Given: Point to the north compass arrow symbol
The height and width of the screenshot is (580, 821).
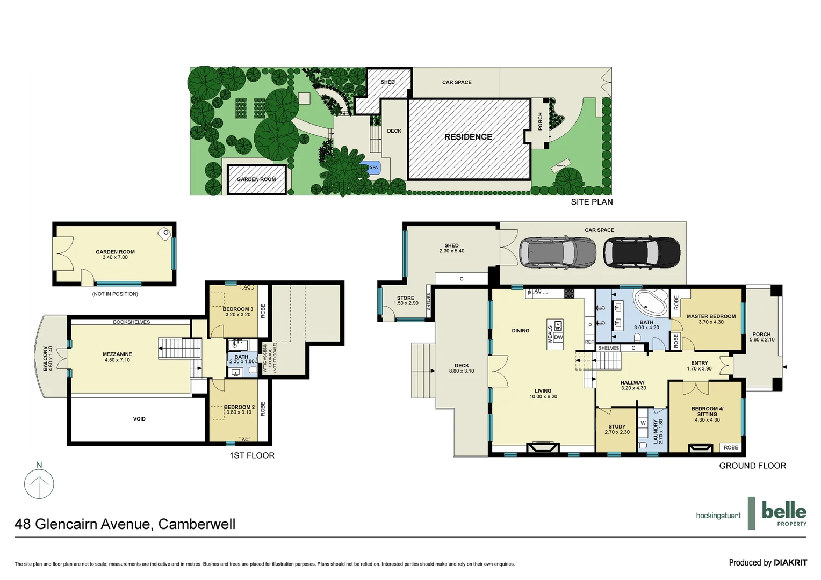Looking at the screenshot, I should [x=39, y=483].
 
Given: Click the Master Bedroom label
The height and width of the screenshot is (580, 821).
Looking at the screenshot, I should [x=711, y=316].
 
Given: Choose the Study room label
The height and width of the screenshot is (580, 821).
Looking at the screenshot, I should [x=617, y=426].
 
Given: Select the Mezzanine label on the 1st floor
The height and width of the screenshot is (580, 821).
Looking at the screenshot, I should [x=117, y=354].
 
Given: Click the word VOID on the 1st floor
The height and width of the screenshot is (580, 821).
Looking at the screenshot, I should [x=139, y=419].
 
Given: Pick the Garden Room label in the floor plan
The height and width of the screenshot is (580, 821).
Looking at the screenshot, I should [x=115, y=252].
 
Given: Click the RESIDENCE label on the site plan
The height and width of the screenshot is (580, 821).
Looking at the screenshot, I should [x=468, y=137].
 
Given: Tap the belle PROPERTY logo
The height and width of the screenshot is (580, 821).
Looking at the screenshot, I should [x=784, y=513].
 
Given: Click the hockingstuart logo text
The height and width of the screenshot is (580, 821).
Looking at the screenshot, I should [x=718, y=516].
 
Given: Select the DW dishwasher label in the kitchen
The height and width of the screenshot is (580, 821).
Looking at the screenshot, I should [x=558, y=337].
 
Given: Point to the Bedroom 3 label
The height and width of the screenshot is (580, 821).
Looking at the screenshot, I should [x=238, y=309].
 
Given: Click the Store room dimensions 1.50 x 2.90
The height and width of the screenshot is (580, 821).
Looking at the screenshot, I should [x=406, y=303].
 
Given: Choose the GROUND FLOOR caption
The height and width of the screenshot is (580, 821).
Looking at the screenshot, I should [x=752, y=466].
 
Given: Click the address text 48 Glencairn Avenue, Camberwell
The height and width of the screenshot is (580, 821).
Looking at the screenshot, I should [x=125, y=524].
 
